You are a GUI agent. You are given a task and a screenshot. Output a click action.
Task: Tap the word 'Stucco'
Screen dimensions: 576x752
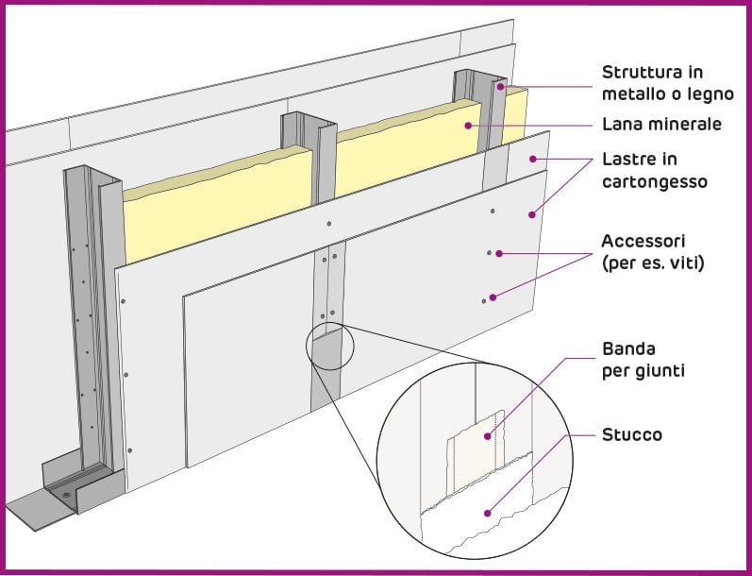click(631, 435)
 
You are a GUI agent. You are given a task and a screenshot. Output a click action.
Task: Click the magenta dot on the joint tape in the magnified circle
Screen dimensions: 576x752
click(487, 436)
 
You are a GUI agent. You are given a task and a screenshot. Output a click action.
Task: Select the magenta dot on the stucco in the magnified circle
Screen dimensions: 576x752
click(487, 514)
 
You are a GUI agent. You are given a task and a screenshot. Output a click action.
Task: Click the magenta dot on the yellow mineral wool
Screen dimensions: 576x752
click(468, 125)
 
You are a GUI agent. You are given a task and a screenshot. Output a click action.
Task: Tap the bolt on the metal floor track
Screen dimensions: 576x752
click(65, 494)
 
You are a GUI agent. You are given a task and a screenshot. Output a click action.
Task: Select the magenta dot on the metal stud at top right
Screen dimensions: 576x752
click(503, 88)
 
